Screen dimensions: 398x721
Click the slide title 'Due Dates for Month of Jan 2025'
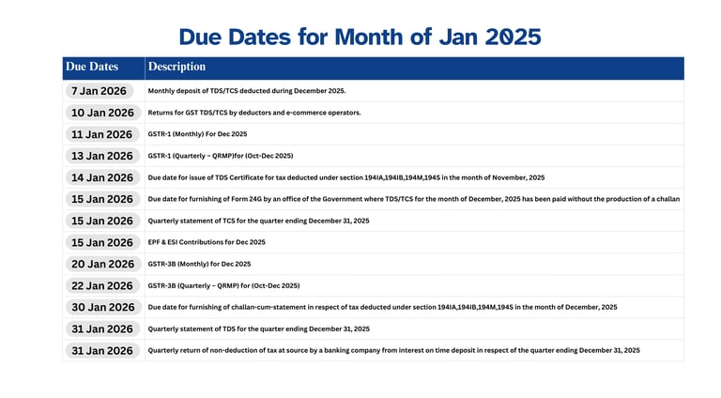[x=360, y=37]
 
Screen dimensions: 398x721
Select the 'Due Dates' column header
[x=92, y=67]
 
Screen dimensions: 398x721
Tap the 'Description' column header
[x=176, y=67]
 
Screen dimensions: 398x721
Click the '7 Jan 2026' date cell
[x=99, y=91]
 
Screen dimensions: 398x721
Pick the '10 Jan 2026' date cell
[x=102, y=113]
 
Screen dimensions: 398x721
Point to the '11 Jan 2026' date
[x=102, y=134]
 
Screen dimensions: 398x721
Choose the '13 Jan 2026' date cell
[x=102, y=156]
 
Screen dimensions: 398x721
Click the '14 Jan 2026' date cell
[x=102, y=177]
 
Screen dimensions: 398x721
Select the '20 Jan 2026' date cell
[x=102, y=264]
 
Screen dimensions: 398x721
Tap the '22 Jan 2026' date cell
[x=102, y=285]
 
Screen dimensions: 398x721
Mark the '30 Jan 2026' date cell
[x=102, y=307]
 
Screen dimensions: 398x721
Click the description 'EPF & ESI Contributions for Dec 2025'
[x=206, y=242]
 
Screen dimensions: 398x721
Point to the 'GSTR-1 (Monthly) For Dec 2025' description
[x=197, y=134]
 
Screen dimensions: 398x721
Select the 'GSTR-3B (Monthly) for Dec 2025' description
[x=199, y=264]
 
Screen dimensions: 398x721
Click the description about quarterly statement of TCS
[x=258, y=221]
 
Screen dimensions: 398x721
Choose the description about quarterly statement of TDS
[x=258, y=329]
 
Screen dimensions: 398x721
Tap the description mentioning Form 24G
[x=413, y=199]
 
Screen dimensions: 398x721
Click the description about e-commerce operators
[x=253, y=113]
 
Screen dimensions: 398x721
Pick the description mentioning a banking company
[x=393, y=350]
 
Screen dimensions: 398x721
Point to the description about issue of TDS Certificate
[x=345, y=177]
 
